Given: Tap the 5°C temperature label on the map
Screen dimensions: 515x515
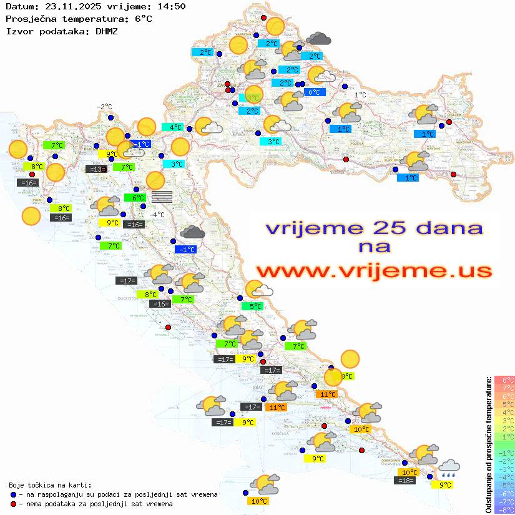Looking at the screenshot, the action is point(252,307).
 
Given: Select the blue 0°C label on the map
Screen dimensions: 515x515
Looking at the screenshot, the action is point(315,92).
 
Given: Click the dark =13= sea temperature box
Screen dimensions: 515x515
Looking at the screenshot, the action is point(96,169).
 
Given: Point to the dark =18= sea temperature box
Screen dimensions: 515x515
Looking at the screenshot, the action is point(406,480).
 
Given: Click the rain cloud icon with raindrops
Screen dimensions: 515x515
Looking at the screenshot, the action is point(449,468).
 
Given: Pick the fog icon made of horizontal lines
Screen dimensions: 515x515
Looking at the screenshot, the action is point(162,197).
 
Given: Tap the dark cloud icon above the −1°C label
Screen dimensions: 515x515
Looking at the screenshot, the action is point(192,233).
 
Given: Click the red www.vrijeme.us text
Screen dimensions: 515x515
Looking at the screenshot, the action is point(373,271).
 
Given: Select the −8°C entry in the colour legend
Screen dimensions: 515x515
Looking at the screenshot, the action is point(504,510).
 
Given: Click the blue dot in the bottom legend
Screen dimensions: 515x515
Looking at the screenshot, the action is point(14,494).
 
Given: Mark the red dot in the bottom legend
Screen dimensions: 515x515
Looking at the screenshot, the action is point(14,504).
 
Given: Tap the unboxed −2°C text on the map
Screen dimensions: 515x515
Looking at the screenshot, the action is point(104,107).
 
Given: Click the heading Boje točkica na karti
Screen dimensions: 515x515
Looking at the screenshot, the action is point(50,485).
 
